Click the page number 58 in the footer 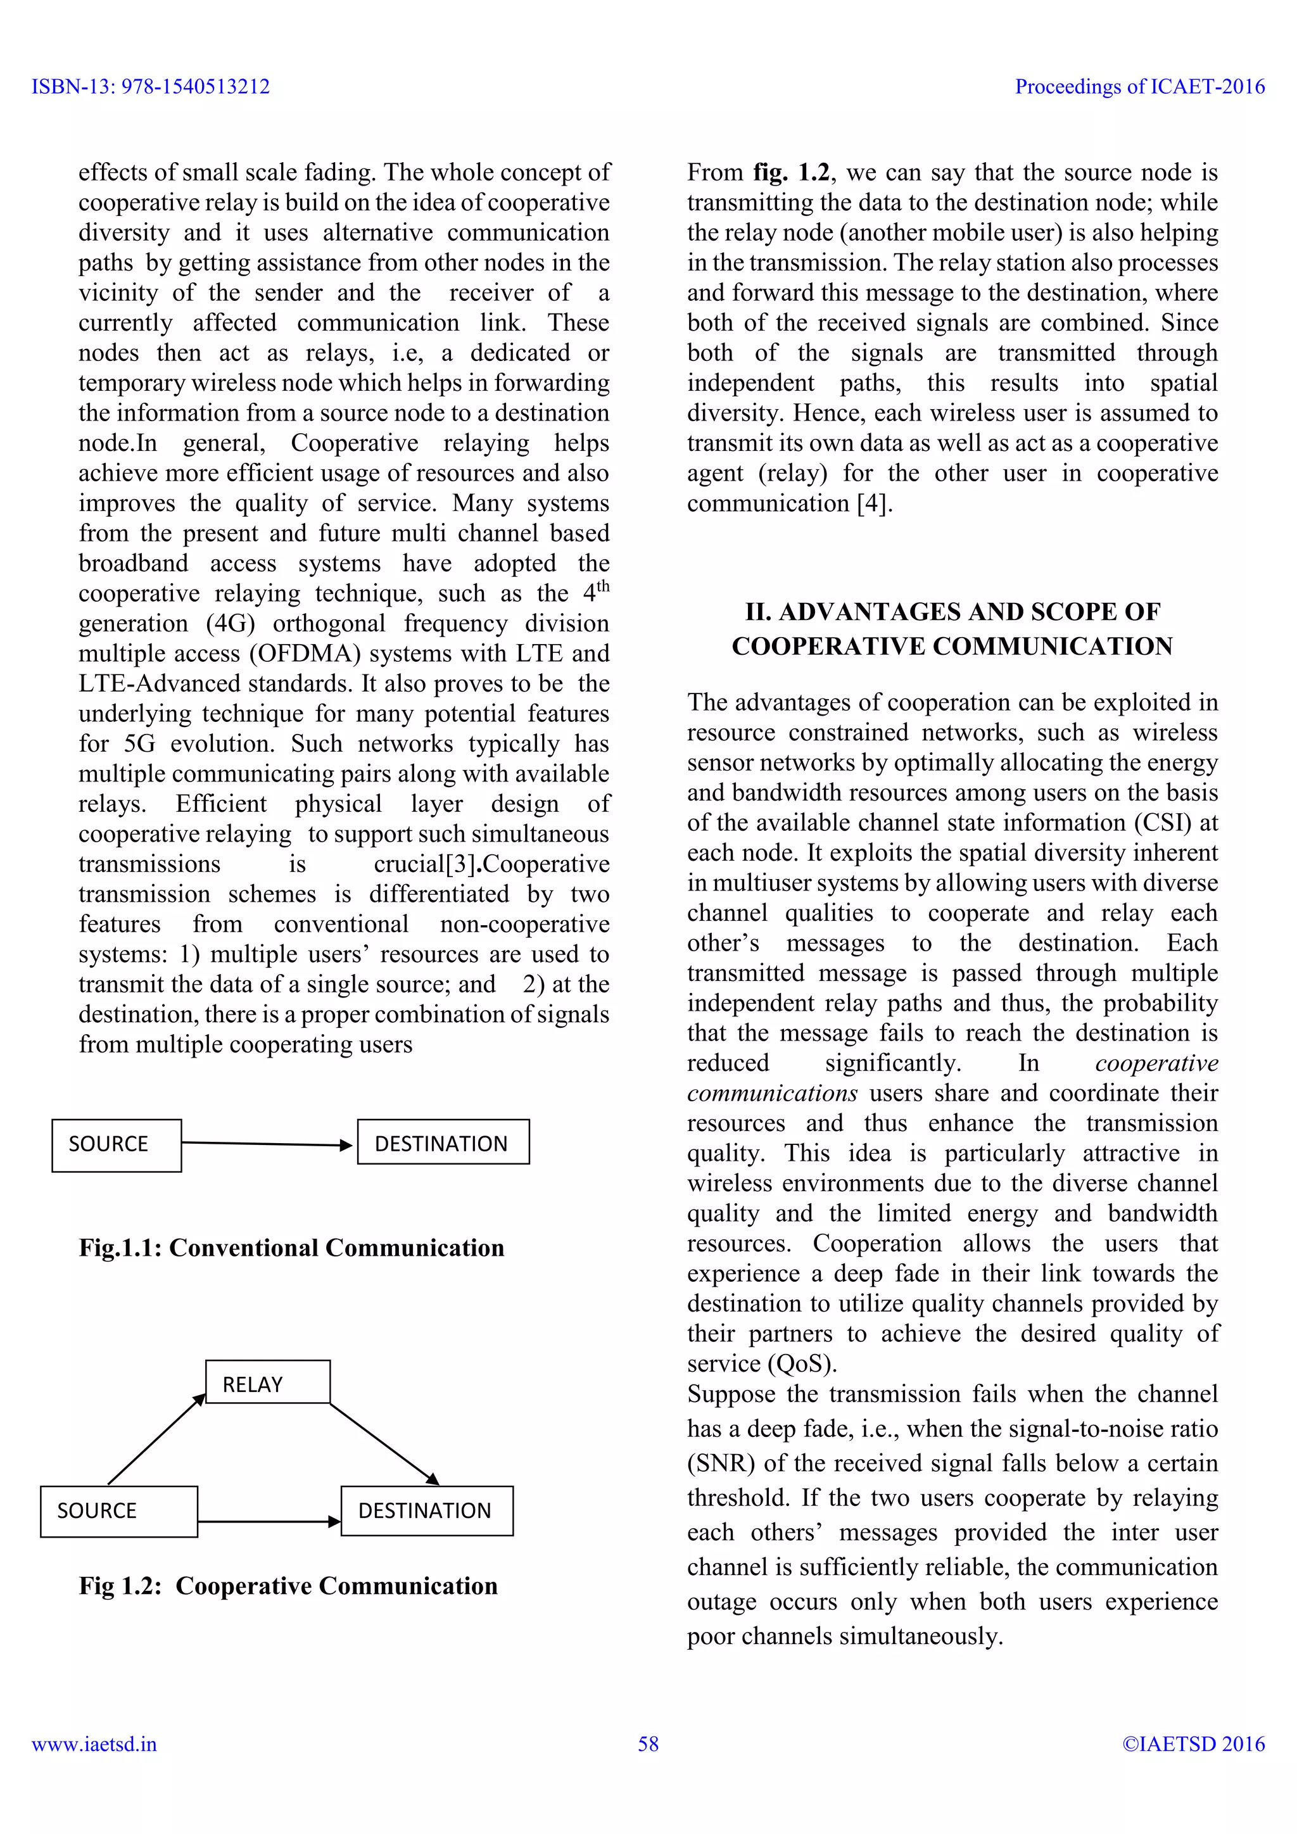648,1743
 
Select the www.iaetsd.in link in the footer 94,1743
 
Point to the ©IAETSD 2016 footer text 1193,1743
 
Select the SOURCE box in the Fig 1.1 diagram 117,1144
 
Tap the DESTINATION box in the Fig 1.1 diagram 443,1142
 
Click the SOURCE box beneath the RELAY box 118,1510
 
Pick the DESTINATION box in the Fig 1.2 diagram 426,1510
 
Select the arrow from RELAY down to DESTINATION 384,1444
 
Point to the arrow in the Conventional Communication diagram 267,1144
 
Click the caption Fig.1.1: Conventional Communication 291,1248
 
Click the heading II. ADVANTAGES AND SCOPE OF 952,612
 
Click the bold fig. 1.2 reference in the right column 790,172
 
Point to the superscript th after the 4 603,586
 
